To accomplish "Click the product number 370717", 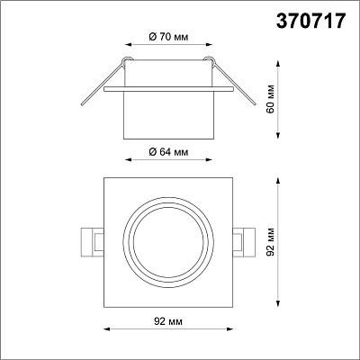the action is [310, 22].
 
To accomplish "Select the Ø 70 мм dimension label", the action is [168, 37].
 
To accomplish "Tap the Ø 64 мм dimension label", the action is [168, 152].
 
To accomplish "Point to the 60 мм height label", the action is [271, 99].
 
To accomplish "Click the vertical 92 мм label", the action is [271, 242].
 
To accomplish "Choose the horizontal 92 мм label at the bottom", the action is [168, 321].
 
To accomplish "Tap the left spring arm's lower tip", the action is [82, 104].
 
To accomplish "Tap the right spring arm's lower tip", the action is [255, 103].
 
